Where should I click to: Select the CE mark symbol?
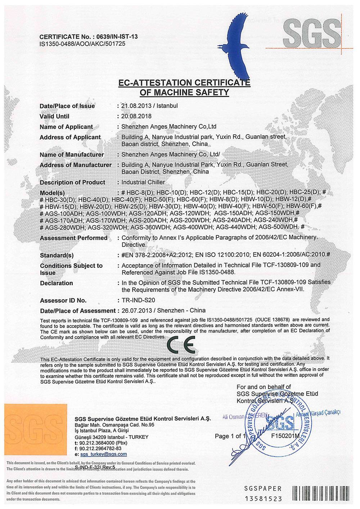tap(182, 345)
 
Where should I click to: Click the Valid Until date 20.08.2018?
tap(136, 116)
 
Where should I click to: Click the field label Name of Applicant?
tap(66, 127)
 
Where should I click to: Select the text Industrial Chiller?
tap(143, 182)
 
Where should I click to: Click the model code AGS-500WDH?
tap(279, 227)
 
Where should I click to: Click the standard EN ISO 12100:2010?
tap(222, 255)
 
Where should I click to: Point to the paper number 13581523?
tap(264, 499)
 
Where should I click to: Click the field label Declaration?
tap(57, 283)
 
